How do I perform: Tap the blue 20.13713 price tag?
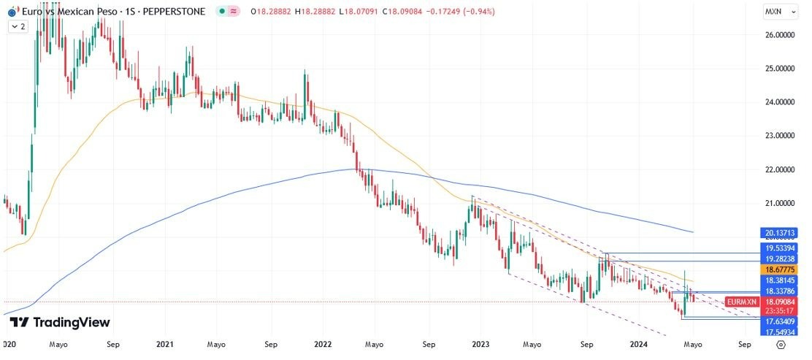(x=780, y=233)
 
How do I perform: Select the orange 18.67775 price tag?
(x=780, y=269)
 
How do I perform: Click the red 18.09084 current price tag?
(x=780, y=301)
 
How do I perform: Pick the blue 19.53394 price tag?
(x=780, y=248)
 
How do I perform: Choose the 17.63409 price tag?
(x=780, y=321)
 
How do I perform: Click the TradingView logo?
(x=60, y=322)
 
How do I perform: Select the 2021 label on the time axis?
(x=165, y=343)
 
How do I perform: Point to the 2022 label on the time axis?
(x=323, y=343)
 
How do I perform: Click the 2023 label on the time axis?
(x=480, y=343)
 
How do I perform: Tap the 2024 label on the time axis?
(x=638, y=343)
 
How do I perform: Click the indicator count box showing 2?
(x=18, y=26)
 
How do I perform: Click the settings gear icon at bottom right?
(x=781, y=344)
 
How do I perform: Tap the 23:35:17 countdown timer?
(x=780, y=310)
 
